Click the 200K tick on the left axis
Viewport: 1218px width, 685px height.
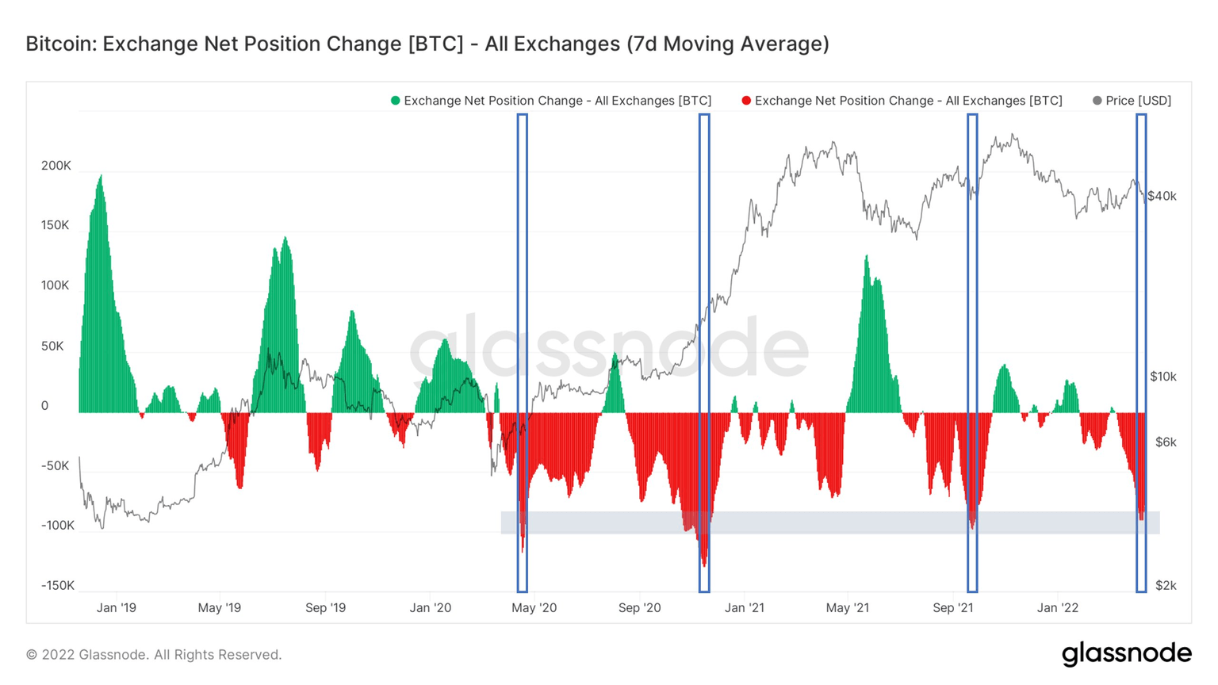pos(56,166)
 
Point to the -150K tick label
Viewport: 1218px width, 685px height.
pos(57,585)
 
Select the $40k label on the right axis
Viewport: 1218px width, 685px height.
pos(1162,196)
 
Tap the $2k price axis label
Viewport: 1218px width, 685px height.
pos(1166,585)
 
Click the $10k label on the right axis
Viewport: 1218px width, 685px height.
pos(1163,377)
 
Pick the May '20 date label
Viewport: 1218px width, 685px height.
pos(534,608)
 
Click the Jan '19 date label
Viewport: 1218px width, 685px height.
pos(116,608)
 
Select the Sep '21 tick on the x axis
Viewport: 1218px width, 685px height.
pos(952,608)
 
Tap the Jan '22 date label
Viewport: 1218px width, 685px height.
pos(1058,608)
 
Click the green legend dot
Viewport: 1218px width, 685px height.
pos(395,101)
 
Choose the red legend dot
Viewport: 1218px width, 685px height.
pos(746,101)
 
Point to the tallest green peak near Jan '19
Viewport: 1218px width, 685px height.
pos(100,177)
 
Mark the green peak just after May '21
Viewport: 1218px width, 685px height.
pos(866,257)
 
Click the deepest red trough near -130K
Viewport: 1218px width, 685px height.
pos(704,564)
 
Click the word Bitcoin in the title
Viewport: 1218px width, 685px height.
pos(59,44)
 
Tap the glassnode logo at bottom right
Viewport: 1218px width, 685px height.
pos(1126,653)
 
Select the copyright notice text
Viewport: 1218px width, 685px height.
pos(154,655)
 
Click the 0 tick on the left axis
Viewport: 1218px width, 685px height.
pos(44,406)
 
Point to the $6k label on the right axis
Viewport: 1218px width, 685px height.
pos(1165,442)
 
